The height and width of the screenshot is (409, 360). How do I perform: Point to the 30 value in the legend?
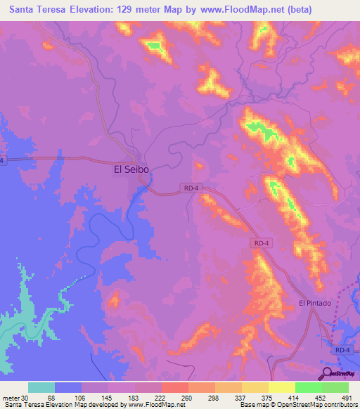pos(25,398)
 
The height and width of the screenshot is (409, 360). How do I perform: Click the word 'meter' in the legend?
pos(11,398)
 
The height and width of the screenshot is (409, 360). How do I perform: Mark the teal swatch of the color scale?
pos(41,387)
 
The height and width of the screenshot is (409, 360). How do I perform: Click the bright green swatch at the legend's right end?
pos(335,387)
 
